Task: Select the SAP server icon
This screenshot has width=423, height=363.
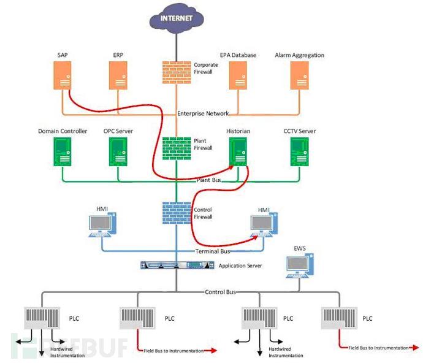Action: (63, 75)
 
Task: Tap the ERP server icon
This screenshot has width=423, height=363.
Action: (118, 75)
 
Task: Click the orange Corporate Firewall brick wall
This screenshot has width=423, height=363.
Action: (177, 72)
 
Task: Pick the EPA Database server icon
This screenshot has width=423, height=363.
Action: (238, 75)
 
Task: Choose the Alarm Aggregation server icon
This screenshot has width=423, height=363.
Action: (299, 75)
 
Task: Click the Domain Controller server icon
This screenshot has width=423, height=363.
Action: (63, 151)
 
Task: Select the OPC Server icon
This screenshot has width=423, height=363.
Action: (118, 151)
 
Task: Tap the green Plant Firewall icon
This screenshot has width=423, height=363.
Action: (177, 148)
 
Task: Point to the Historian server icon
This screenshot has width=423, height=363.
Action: (238, 151)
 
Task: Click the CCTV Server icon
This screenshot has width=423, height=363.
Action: (299, 151)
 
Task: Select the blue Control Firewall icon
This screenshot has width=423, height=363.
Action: (177, 213)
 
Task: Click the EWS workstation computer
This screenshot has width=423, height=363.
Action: (300, 266)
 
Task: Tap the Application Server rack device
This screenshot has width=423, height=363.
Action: (177, 266)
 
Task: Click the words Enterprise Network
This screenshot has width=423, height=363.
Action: (203, 113)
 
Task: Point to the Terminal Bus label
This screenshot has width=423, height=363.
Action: (213, 251)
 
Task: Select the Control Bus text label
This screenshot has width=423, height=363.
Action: (220, 292)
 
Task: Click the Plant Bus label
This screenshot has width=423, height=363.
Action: (209, 180)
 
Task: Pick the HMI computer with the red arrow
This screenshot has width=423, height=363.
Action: (264, 225)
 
